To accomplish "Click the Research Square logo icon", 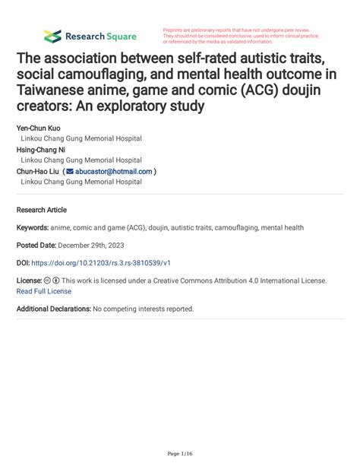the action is point(52,36).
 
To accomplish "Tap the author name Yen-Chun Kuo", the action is point(39,128).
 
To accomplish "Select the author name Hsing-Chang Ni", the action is point(41,150).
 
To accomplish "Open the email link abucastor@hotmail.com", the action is point(113,172).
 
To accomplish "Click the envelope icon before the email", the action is point(69,172).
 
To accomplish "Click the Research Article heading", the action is point(41,209).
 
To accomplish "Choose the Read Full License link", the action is point(43,290).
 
